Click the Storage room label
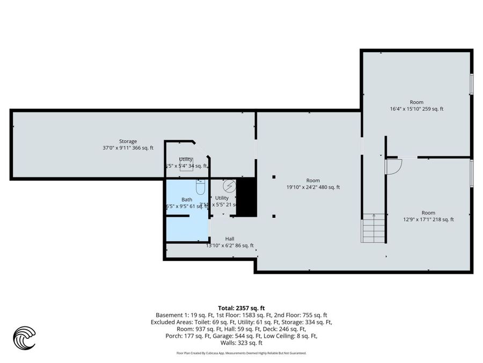click(128, 141)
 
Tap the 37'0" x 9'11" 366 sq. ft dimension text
click(128, 148)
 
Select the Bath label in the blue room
click(186, 199)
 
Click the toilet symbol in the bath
click(201, 188)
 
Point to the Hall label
click(230, 239)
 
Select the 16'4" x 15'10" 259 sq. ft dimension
click(416, 109)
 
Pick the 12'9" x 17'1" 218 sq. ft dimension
click(428, 219)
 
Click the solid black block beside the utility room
click(247, 197)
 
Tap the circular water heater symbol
click(229, 185)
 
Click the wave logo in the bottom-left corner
click(24, 338)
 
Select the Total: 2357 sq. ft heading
click(241, 308)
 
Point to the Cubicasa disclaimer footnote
click(241, 353)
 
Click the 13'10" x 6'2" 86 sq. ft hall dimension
click(230, 246)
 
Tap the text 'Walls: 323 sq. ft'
click(241, 343)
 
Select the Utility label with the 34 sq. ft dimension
click(186, 159)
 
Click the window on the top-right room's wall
click(472, 84)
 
